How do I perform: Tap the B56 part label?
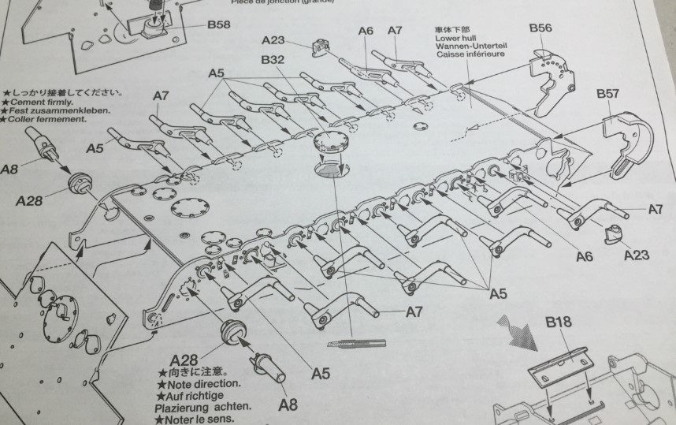[540, 28]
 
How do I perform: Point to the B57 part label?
[607, 94]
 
